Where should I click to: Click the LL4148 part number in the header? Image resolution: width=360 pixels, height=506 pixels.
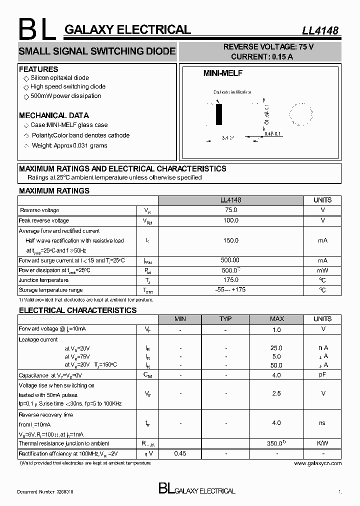(x=320, y=30)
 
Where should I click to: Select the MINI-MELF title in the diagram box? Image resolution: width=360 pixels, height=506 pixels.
(x=222, y=73)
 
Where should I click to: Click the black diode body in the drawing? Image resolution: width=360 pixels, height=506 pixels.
(x=218, y=115)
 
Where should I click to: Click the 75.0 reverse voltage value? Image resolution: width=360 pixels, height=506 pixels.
(x=230, y=210)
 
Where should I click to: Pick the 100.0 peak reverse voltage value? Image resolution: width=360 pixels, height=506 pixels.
(x=230, y=220)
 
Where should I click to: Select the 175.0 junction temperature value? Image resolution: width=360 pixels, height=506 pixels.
(x=230, y=280)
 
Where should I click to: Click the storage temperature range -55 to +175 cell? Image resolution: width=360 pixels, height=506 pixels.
(x=230, y=290)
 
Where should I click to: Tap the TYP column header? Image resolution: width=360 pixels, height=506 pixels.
(x=225, y=319)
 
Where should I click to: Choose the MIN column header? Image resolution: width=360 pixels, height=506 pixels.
(x=180, y=319)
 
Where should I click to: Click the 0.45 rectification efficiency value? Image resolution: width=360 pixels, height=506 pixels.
(x=180, y=453)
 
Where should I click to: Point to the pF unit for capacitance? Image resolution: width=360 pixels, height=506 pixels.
(x=322, y=374)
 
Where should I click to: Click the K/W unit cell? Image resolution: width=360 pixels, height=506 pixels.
(x=322, y=443)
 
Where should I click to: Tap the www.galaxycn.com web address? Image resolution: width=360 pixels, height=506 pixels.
(x=317, y=463)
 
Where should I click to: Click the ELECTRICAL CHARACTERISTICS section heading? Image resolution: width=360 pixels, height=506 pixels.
(x=77, y=310)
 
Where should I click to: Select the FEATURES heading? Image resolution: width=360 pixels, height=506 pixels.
(x=38, y=69)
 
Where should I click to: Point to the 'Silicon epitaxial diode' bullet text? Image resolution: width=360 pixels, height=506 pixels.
(x=59, y=78)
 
